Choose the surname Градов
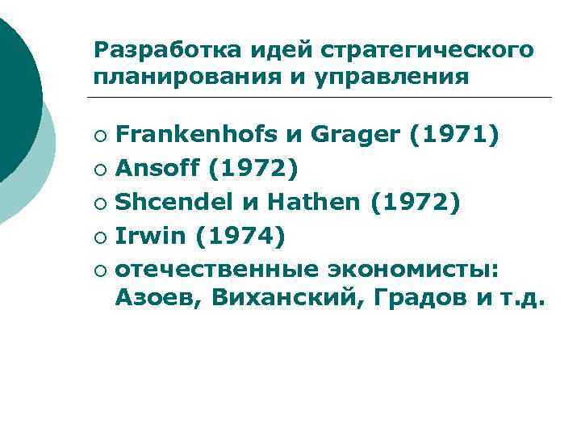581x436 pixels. click(x=407, y=299)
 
